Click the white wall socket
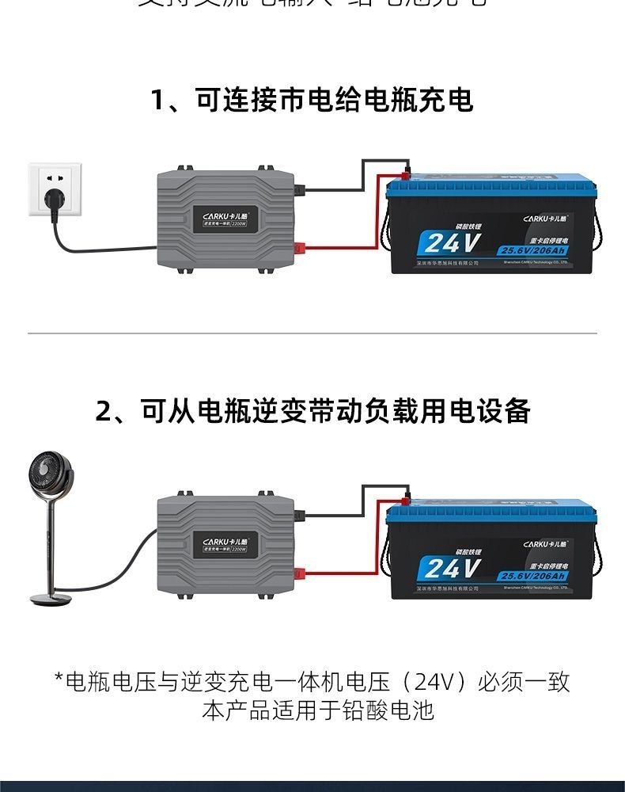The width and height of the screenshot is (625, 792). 55,188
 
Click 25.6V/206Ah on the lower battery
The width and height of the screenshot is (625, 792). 532,577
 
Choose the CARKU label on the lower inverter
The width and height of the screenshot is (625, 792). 225,543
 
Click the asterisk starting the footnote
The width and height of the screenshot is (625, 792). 59,680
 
